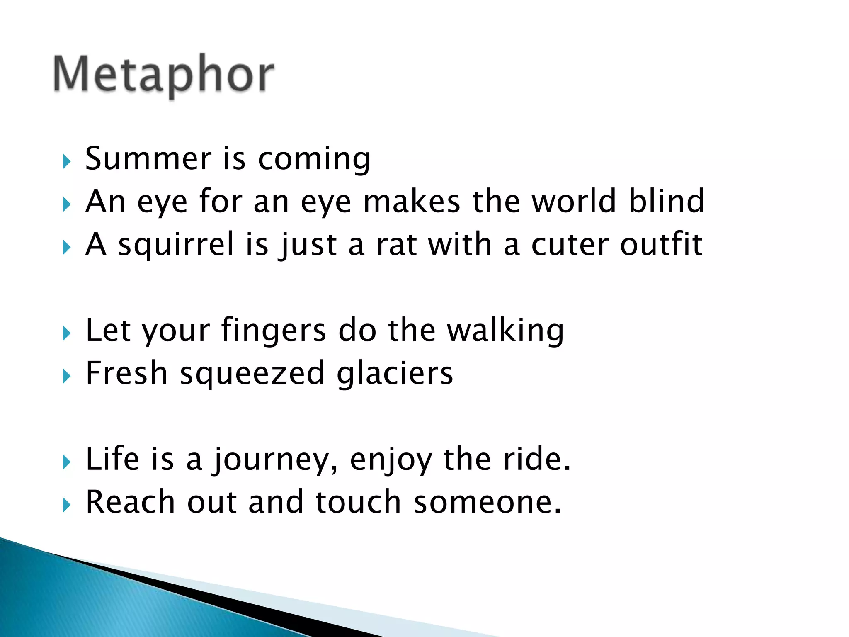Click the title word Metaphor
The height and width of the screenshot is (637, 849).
click(x=164, y=75)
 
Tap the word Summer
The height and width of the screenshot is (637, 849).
click(x=148, y=159)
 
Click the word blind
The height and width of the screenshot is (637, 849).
click(x=666, y=201)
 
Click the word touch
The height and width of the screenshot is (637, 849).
click(x=358, y=502)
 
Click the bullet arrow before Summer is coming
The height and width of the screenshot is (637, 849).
click(x=67, y=161)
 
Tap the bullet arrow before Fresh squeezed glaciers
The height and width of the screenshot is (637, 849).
click(x=67, y=376)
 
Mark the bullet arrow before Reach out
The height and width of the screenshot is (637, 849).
click(x=67, y=505)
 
